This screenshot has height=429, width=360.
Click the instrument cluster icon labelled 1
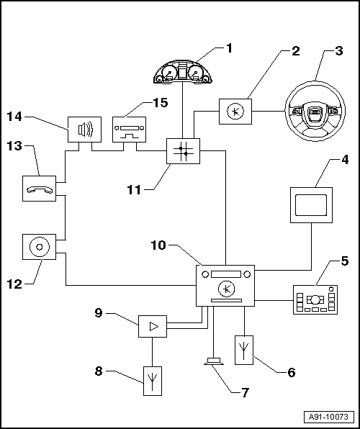183,72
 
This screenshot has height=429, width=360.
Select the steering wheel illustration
315,111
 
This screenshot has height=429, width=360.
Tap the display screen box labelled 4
311,205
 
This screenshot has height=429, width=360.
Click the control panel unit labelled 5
315,299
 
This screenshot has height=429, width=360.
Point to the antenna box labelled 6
244,350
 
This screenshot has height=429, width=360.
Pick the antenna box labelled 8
153,381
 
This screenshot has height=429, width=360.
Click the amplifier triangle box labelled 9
153,326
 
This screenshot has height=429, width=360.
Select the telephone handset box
39,189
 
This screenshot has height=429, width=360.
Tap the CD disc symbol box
39,247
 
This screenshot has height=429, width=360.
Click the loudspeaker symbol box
84,130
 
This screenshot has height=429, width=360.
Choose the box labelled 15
129,130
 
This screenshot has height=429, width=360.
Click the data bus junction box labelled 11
183,151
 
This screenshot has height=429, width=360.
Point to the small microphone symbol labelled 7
214,361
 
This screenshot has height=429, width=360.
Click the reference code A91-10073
328,417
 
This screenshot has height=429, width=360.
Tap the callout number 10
158,245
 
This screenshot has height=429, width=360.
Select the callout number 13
14,146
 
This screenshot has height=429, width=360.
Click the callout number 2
296,51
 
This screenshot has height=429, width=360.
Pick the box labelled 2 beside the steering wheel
235,112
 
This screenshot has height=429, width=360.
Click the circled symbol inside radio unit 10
226,289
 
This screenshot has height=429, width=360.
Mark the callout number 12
14,284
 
